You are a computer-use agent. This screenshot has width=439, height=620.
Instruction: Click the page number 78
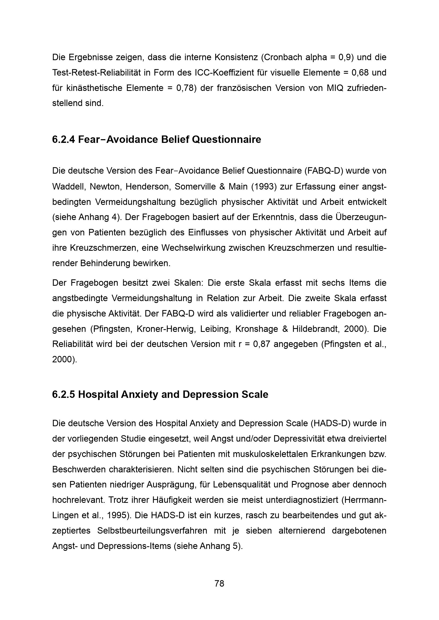click(x=219, y=583)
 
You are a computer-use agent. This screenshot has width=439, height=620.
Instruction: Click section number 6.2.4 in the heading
click(x=64, y=139)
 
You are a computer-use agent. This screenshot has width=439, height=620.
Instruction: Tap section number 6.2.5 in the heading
click(x=64, y=394)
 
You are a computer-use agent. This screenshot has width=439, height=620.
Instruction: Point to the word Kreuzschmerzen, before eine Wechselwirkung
click(x=104, y=248)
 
